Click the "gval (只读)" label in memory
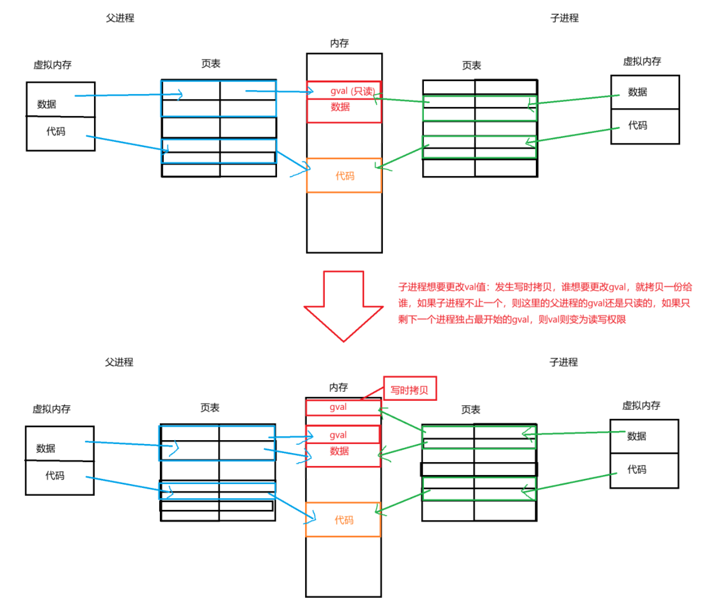pyautogui.click(x=352, y=91)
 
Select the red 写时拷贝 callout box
pyautogui.click(x=409, y=389)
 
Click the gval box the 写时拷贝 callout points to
pyautogui.click(x=342, y=407)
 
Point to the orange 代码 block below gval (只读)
pyautogui.click(x=344, y=176)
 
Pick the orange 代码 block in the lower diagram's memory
pyautogui.click(x=343, y=520)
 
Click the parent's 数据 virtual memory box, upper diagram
pyautogui.click(x=60, y=100)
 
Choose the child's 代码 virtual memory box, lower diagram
pyautogui.click(x=644, y=470)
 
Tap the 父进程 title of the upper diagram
pyautogui.click(x=120, y=18)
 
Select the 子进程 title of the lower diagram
pyautogui.click(x=564, y=362)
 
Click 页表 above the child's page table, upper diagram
pyautogui.click(x=471, y=65)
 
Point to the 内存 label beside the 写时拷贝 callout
pyautogui.click(x=338, y=387)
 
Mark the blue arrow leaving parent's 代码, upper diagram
pyautogui.click(x=127, y=143)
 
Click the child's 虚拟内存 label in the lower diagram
pyautogui.click(x=641, y=405)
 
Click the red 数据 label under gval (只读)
pyautogui.click(x=340, y=107)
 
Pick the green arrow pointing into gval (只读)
pyautogui.click(x=400, y=100)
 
